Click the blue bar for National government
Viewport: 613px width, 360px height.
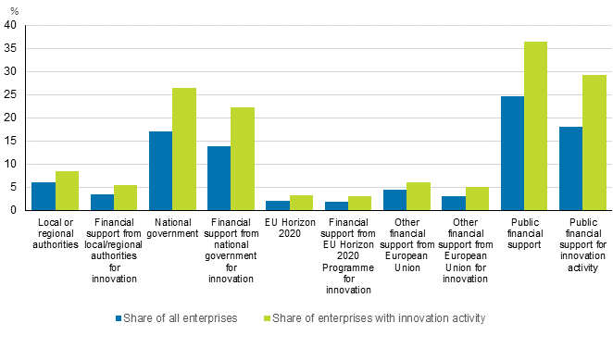tap(160, 171)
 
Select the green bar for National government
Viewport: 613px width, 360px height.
tap(183, 149)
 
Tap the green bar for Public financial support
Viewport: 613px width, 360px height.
tap(534, 126)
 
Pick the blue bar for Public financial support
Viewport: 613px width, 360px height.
tap(511, 154)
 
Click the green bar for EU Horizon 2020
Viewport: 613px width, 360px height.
tap(301, 203)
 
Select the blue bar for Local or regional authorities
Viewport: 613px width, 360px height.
tap(44, 196)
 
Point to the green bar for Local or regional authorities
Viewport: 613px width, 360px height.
tap(67, 191)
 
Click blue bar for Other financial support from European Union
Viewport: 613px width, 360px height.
tap(394, 200)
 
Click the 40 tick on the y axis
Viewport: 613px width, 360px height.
tap(10, 26)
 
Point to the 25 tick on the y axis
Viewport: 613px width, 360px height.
tap(10, 95)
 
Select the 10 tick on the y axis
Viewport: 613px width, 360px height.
tap(10, 165)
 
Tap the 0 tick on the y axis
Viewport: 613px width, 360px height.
tap(13, 211)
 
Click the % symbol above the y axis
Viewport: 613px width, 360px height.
tap(13, 10)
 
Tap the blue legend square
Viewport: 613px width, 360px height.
tap(119, 318)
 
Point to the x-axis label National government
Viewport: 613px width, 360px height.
tap(172, 228)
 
